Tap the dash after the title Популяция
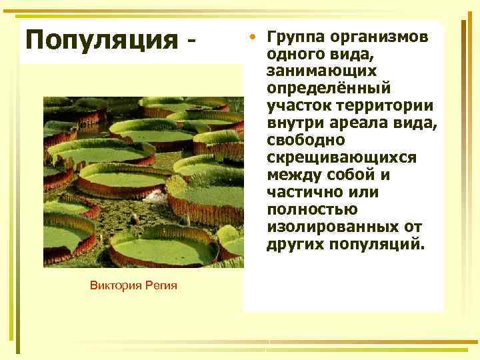pyautogui.click(x=193, y=41)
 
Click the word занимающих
pyautogui.click(x=321, y=71)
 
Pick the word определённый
pyautogui.click(x=329, y=88)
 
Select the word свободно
pyautogui.click(x=306, y=141)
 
